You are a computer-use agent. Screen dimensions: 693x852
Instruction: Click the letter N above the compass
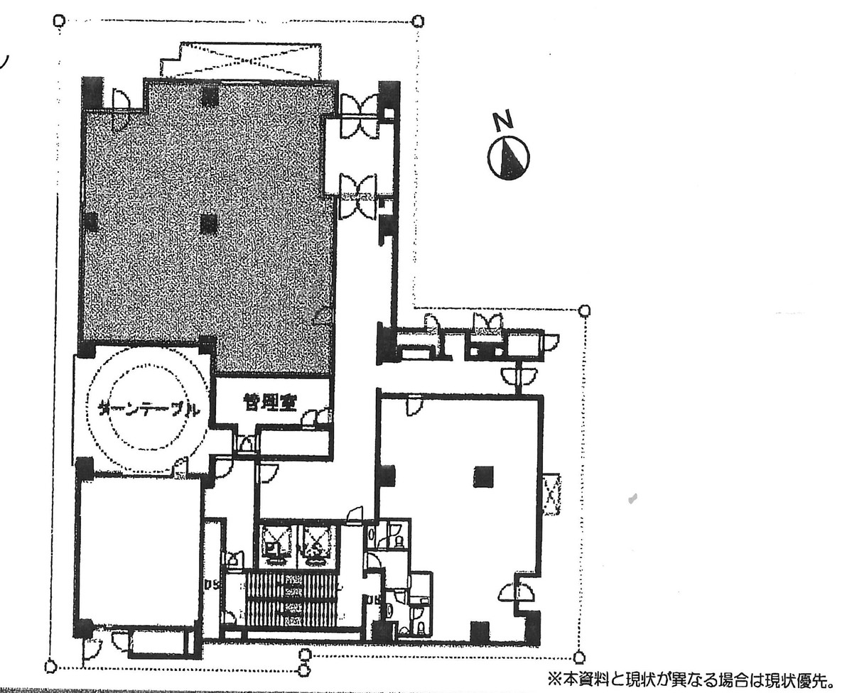pos(504,122)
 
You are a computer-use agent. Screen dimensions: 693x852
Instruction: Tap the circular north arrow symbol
pos(509,158)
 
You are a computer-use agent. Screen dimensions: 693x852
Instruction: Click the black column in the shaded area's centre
pos(208,225)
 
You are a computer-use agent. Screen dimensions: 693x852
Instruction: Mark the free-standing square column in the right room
pos(484,476)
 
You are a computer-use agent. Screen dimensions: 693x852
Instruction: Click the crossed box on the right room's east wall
pos(551,494)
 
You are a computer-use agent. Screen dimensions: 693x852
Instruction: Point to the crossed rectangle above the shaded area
pos(241,60)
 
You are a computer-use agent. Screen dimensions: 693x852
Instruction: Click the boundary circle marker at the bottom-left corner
pos(50,666)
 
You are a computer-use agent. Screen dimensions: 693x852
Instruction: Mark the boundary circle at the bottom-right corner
pos(580,656)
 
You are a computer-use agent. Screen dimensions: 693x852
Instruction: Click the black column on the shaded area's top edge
pos(208,95)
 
